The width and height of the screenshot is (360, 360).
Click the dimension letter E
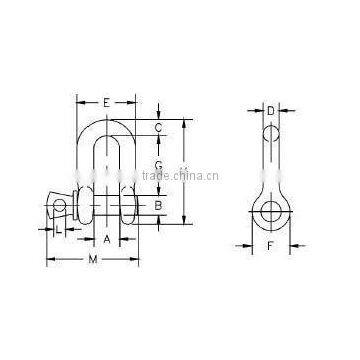pos(106,102)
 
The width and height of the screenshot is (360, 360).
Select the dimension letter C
pos(159,128)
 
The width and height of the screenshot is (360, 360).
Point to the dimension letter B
pos(158,206)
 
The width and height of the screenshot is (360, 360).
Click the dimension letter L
pos(60,232)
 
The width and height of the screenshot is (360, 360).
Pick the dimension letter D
pos(271,111)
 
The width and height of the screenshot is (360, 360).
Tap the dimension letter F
pos(271,243)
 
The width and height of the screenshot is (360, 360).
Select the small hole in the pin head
pos(59,207)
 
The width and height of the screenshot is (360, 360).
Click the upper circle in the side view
pos(271,134)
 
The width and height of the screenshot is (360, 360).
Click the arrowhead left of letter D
pos(259,111)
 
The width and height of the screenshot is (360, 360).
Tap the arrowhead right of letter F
pos(291,243)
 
